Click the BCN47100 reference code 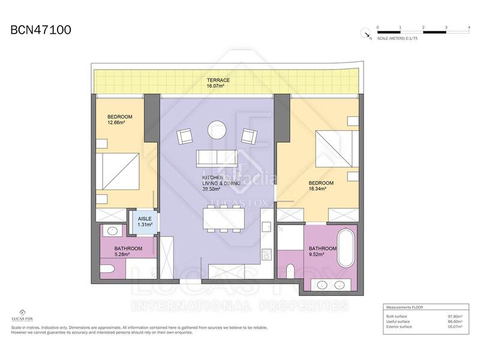point(41,30)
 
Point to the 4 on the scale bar point(468,28)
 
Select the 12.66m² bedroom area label point(116,122)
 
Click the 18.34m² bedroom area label point(317,188)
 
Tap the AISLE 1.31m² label point(145,222)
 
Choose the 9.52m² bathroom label point(316,254)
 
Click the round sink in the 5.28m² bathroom point(112,230)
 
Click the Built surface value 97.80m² point(453,317)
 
